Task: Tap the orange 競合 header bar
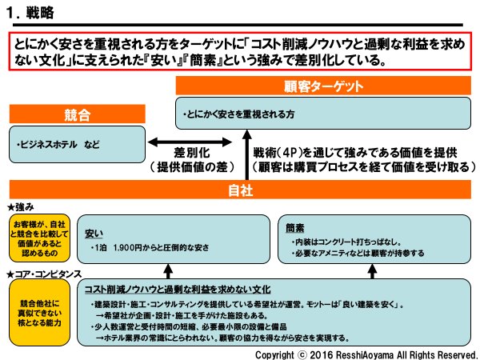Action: [76, 113]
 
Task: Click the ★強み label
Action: [20, 206]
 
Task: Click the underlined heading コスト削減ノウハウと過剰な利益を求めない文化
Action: [177, 288]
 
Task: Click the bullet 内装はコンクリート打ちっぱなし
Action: [345, 240]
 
